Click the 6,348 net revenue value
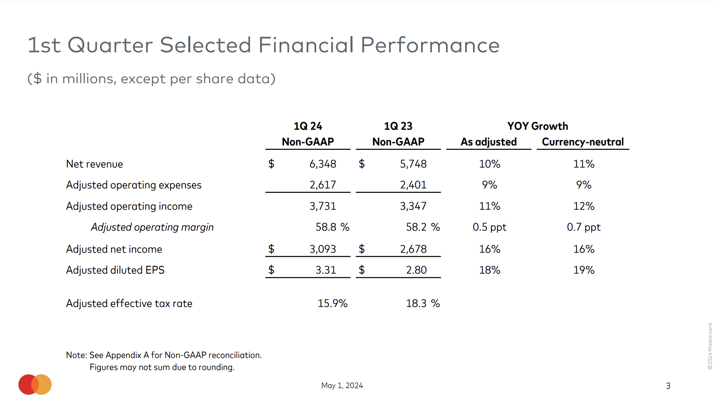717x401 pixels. point(323,164)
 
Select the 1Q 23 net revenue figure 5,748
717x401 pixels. point(413,164)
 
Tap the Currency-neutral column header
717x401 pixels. point(583,142)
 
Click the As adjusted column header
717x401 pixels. point(489,142)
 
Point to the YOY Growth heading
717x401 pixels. point(538,126)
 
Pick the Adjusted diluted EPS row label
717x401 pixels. point(115,270)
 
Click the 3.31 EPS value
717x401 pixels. point(326,270)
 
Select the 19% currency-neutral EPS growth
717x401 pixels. point(584,270)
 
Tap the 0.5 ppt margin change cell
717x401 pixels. point(489,227)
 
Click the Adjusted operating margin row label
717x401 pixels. point(152,227)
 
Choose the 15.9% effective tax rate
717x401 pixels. point(332,303)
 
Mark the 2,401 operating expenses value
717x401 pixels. point(413,185)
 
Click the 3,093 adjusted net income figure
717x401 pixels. point(323,249)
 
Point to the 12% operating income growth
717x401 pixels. point(584,206)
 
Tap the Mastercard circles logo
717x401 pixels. point(35,385)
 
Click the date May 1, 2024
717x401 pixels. point(342,385)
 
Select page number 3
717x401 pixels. point(668,386)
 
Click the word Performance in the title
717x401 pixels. point(430,45)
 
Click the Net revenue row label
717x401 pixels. point(94,164)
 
